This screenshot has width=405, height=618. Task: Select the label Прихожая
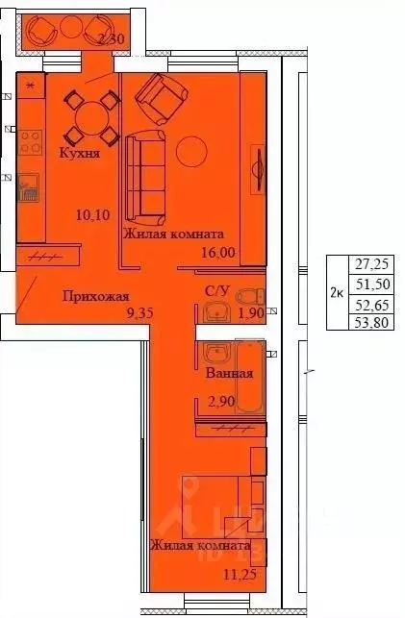pos(95,296)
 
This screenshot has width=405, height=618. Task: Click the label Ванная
pos(230,373)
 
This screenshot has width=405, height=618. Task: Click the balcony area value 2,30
pos(113,39)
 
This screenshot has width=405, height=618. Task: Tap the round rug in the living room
pos(190,150)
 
